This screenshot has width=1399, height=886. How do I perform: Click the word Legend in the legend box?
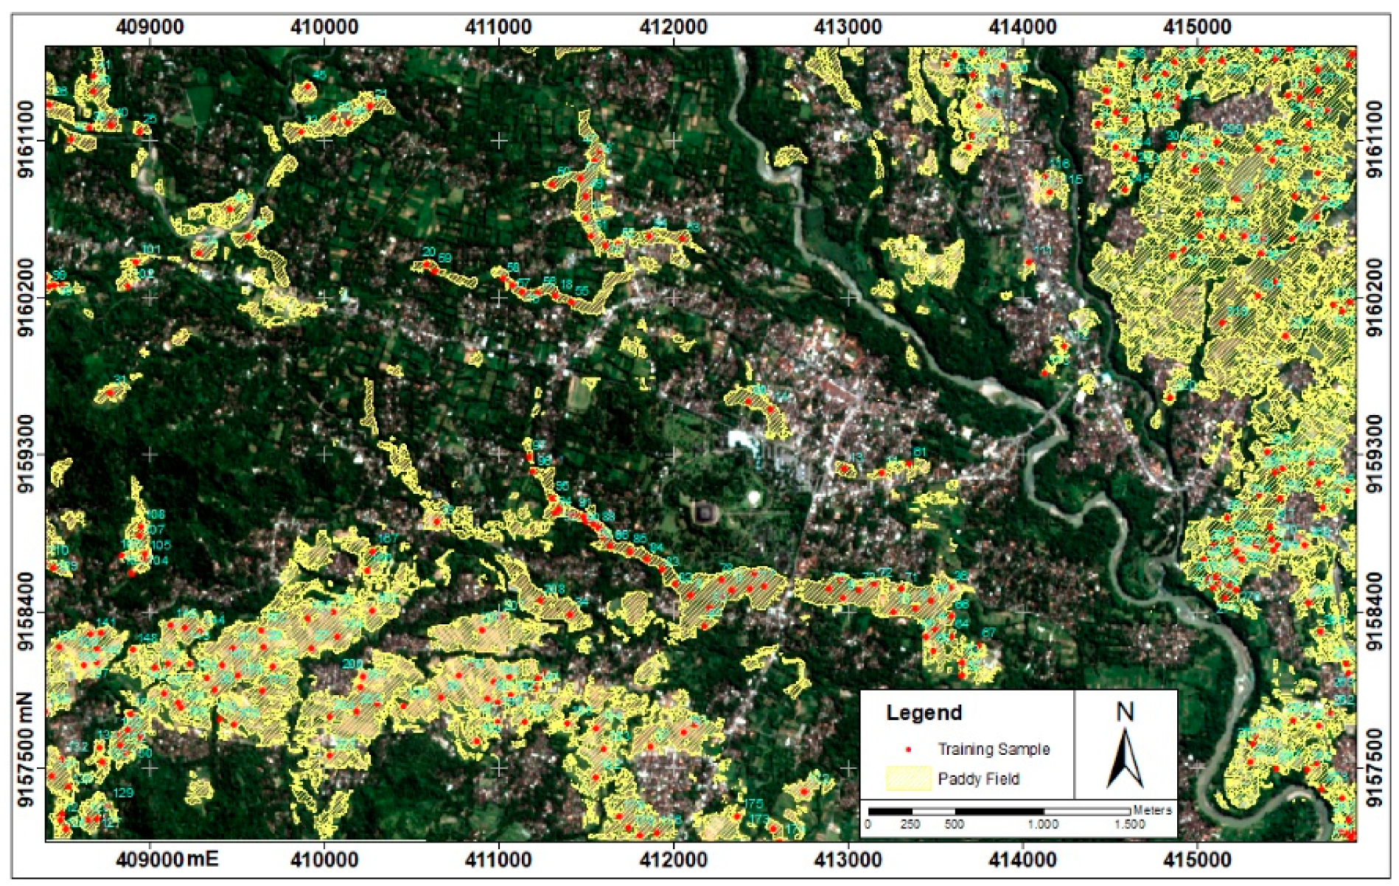[x=924, y=713]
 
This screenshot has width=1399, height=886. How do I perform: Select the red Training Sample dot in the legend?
[x=909, y=750]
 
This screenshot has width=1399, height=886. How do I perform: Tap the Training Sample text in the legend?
[x=993, y=750]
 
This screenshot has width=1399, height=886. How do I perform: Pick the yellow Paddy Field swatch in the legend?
[x=908, y=779]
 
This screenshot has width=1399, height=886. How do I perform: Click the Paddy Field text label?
[x=978, y=779]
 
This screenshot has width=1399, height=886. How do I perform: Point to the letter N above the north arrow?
[x=1125, y=711]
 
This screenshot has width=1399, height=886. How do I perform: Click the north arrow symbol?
[x=1125, y=759]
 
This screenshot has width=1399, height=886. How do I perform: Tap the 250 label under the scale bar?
[x=910, y=824]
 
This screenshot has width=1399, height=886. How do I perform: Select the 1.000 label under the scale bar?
[x=1042, y=824]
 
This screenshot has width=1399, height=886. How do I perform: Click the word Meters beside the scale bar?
[x=1152, y=809]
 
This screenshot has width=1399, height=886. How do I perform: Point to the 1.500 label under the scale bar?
[x=1129, y=824]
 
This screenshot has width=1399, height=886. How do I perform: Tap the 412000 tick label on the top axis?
[x=674, y=27]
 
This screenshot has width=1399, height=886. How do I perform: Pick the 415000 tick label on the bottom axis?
[x=1197, y=859]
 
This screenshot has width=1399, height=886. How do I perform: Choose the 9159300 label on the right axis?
[x=1374, y=454]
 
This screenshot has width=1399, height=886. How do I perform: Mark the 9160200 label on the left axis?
[x=25, y=297]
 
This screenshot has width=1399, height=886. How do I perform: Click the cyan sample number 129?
[x=123, y=792]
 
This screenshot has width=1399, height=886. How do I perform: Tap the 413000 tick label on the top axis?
[x=848, y=27]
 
